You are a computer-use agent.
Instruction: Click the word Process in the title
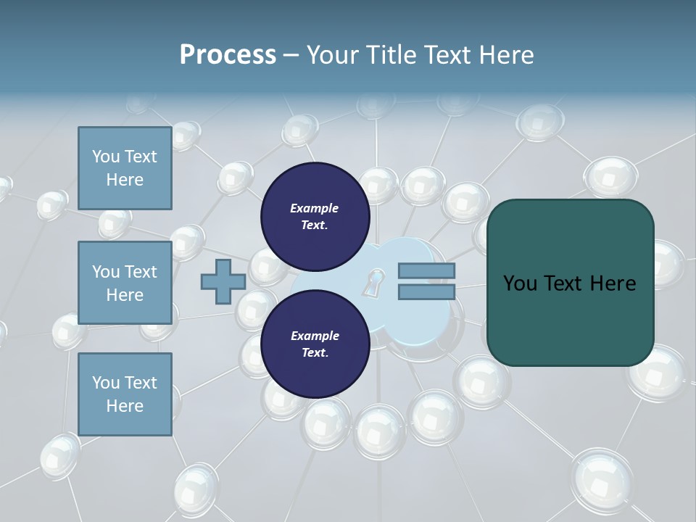(228, 55)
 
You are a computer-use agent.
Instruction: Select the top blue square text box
(125, 168)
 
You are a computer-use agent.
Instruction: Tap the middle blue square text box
(125, 283)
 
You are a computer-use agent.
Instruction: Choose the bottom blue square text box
(125, 394)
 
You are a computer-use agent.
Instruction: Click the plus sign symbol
(223, 281)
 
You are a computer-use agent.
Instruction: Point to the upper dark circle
(315, 216)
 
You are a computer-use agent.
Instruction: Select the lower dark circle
(315, 344)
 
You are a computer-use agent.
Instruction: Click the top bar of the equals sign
(426, 271)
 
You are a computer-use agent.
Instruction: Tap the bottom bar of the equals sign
(426, 291)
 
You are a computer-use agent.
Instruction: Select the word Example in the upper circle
(315, 208)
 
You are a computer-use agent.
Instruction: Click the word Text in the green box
(570, 283)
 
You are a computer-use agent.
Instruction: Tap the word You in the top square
(105, 157)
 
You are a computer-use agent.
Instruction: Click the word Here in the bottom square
(125, 406)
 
